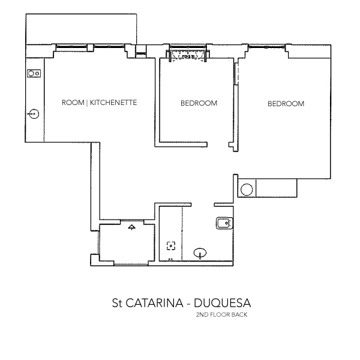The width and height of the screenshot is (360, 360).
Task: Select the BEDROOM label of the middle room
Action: [x=199, y=103]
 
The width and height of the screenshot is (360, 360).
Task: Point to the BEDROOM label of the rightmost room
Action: [x=286, y=104]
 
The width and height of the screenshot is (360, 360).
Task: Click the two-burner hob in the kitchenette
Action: [x=34, y=74]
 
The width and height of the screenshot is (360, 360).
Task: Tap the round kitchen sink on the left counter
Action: [x=34, y=113]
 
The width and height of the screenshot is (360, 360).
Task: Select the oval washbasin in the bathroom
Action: [x=200, y=253]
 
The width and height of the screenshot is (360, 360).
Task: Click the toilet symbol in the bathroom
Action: [x=223, y=224]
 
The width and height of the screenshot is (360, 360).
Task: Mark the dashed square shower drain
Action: [x=171, y=245]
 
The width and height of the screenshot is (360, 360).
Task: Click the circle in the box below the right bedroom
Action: [x=247, y=190]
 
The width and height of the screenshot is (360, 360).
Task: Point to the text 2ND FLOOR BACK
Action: [x=222, y=314]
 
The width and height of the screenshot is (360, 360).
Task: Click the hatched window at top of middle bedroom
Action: [x=188, y=55]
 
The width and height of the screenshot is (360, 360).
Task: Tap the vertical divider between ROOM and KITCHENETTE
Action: [x=88, y=103]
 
